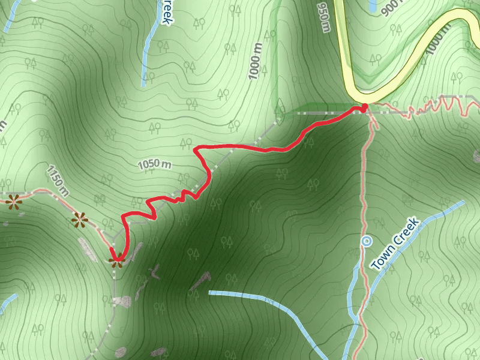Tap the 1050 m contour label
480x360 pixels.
click(x=155, y=164)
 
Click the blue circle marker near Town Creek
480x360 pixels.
click(x=367, y=242)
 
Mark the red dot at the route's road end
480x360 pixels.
click(x=364, y=107)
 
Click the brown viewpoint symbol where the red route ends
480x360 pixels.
click(x=116, y=260)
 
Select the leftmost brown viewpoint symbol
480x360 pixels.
click(x=13, y=202)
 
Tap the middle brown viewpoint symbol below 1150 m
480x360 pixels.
click(x=79, y=221)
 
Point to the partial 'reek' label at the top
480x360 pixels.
click(x=166, y=12)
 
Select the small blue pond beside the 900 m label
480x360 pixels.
click(x=373, y=5)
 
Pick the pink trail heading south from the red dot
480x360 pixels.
click(x=364, y=180)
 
